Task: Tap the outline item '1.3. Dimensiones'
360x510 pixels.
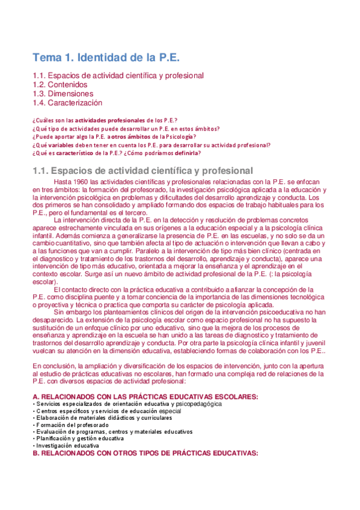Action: [x=63, y=94]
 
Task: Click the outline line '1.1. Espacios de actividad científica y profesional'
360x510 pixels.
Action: [x=118, y=76]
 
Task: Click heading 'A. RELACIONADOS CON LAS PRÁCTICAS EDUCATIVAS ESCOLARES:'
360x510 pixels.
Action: [x=145, y=396]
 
